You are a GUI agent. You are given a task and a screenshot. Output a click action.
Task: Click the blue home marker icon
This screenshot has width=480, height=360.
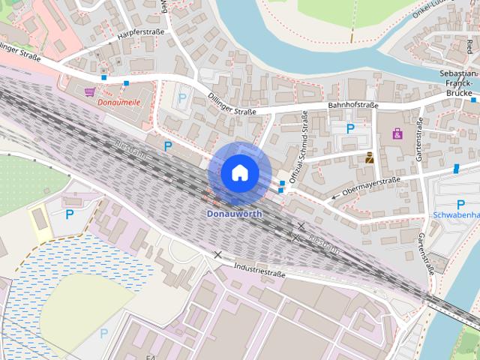(x=239, y=172)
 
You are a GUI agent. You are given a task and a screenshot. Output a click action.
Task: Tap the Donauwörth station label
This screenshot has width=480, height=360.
(x=235, y=214)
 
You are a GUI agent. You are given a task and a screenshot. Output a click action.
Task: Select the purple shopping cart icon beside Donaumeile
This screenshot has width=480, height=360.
(x=91, y=91)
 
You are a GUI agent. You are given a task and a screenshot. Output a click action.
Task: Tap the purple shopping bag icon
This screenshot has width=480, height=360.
(x=397, y=134)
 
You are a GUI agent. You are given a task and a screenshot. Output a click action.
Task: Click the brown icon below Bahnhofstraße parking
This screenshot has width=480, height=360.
(x=370, y=157)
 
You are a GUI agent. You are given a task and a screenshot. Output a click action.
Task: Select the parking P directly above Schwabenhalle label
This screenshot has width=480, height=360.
(x=460, y=205)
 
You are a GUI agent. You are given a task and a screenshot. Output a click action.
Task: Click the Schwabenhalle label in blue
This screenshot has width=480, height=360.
(x=457, y=216)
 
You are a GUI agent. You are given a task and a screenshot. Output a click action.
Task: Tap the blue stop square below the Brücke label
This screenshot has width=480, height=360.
(x=473, y=99)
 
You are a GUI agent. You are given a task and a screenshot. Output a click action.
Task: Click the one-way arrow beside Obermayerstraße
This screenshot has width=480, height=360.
(x=334, y=198)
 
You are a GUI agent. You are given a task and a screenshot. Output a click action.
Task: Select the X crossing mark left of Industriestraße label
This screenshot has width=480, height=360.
(x=218, y=255)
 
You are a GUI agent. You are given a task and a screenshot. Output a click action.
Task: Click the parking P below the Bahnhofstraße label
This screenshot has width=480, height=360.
(x=350, y=128)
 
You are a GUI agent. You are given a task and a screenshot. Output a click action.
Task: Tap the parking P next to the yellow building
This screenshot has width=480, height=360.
(x=70, y=214)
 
